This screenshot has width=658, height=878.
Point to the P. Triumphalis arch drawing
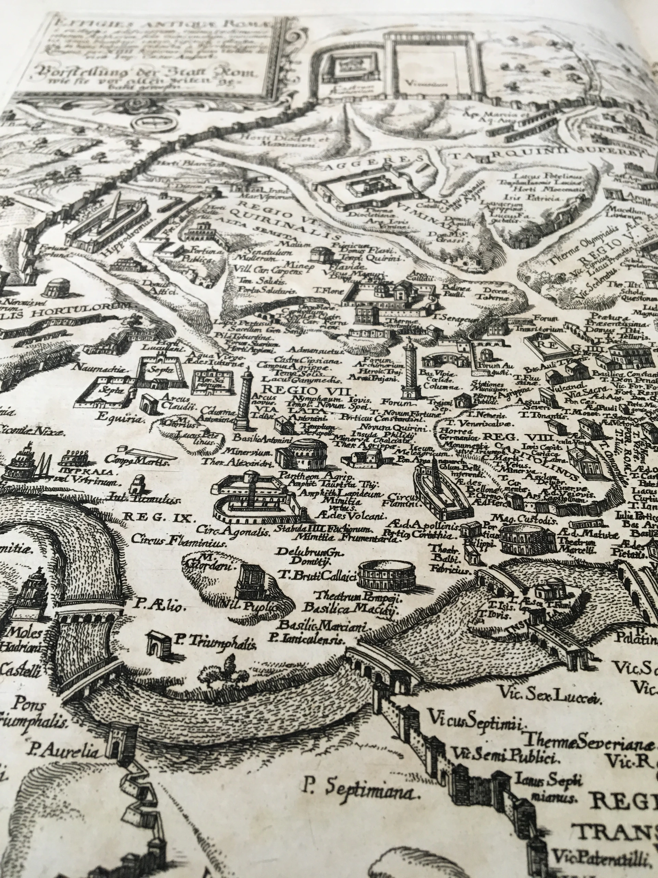click(157, 643)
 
